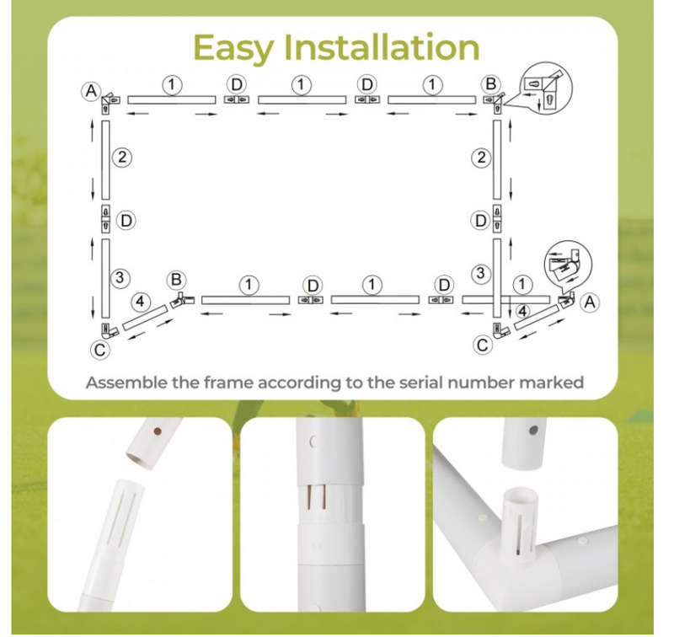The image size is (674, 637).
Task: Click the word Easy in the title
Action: (233, 48)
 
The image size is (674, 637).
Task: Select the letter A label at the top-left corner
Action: (91, 91)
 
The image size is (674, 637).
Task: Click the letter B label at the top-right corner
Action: (490, 83)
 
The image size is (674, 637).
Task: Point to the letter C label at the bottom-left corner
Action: (99, 350)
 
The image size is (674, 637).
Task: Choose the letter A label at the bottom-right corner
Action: (590, 302)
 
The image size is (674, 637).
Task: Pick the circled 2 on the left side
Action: (122, 158)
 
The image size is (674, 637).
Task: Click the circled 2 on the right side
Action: (481, 158)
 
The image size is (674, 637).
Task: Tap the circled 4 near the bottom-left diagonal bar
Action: (140, 302)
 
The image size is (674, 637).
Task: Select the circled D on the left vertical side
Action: (126, 221)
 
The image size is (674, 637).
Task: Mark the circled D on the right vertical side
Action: (480, 221)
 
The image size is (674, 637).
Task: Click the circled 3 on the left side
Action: (120, 277)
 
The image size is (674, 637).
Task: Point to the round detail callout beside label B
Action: (546, 88)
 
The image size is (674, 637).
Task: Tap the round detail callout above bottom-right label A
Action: (568, 264)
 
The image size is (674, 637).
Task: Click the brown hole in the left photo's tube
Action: (158, 431)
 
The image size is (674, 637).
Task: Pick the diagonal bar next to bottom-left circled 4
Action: (145, 318)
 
